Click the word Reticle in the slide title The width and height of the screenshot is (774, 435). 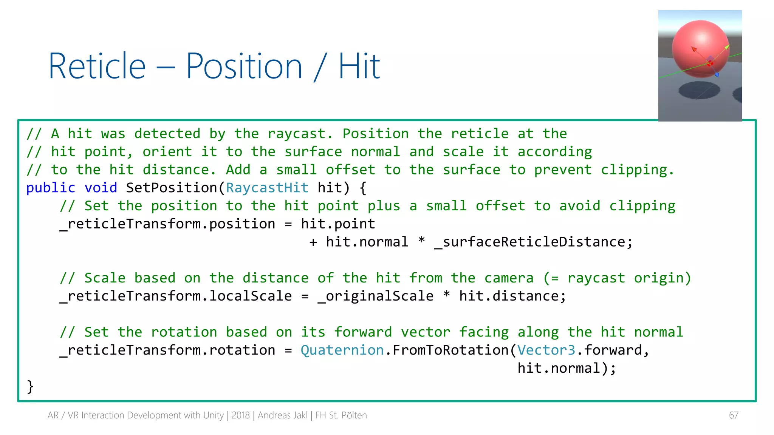pyautogui.click(x=97, y=66)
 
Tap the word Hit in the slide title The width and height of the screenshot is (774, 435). pyautogui.click(x=359, y=66)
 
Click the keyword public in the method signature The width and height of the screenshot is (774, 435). pyautogui.click(x=51, y=188)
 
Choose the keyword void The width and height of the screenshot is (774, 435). pyautogui.click(x=101, y=188)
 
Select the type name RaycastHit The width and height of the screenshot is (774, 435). pyautogui.click(x=267, y=188)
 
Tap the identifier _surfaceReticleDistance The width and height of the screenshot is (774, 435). pyautogui.click(x=533, y=242)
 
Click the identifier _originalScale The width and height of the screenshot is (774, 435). pyautogui.click(x=376, y=296)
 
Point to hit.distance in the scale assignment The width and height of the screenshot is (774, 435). pyautogui.click(x=512, y=296)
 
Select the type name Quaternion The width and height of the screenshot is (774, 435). pyautogui.click(x=342, y=350)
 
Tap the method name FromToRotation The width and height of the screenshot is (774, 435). pyautogui.click(x=450, y=350)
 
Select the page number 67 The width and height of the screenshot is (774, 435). pyautogui.click(x=734, y=415)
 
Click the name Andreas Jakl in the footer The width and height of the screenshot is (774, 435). pyautogui.click(x=283, y=415)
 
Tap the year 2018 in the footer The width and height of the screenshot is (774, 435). pyautogui.click(x=240, y=415)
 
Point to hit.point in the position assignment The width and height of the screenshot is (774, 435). pyautogui.click(x=338, y=224)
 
